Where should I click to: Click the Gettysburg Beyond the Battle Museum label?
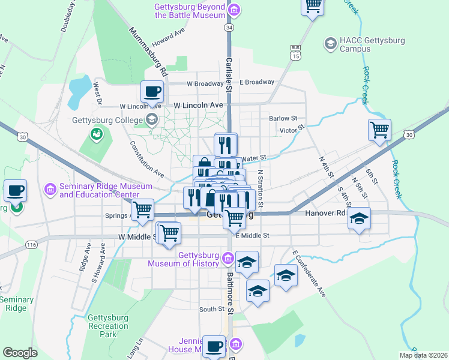click(x=190, y=11)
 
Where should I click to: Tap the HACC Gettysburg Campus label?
click(x=372, y=45)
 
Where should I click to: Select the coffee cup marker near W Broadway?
click(x=152, y=91)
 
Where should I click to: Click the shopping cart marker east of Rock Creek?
click(x=379, y=130)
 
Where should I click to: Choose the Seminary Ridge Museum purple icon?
click(x=50, y=190)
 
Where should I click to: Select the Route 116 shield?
click(x=32, y=245)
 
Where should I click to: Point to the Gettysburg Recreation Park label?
click(x=108, y=326)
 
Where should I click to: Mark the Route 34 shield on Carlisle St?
click(x=229, y=28)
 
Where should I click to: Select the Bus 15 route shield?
click(x=295, y=52)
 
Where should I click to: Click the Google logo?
click(x=20, y=352)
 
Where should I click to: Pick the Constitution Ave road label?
click(x=147, y=158)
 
